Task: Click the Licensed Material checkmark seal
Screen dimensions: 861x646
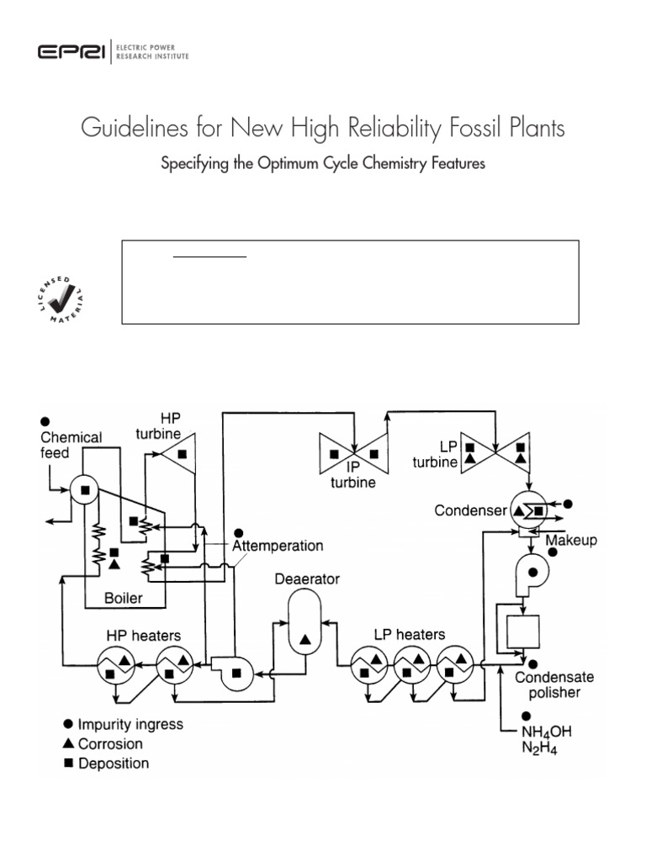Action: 63,295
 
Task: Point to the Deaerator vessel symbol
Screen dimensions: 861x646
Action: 304,621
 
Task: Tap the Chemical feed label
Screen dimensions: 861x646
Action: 71,445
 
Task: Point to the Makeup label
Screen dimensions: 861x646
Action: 571,540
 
